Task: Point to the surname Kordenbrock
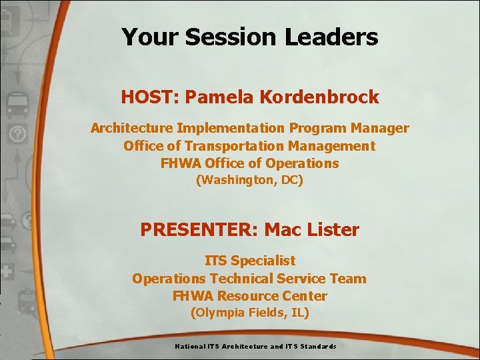click(x=318, y=97)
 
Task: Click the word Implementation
click(x=238, y=127)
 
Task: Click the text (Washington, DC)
click(x=249, y=180)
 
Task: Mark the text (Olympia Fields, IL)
click(x=249, y=313)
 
